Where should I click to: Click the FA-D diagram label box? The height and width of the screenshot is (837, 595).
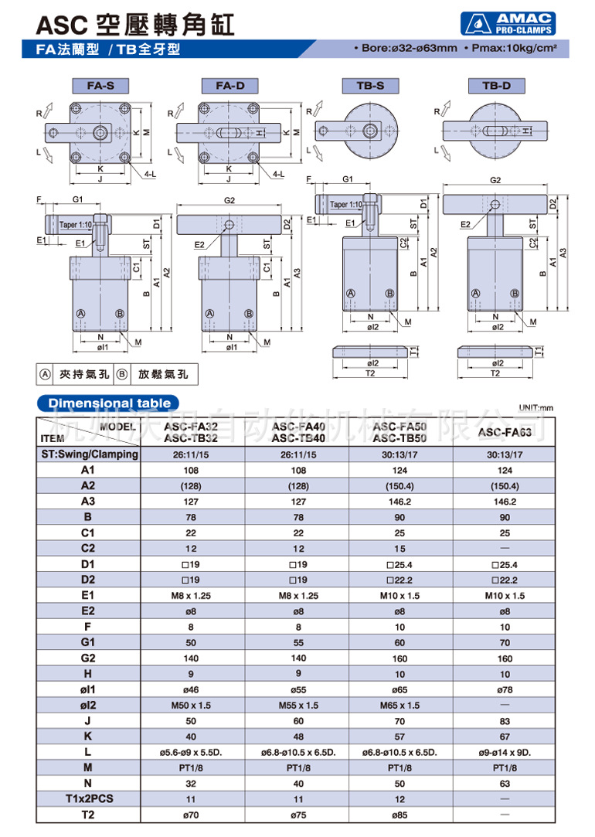click(x=229, y=86)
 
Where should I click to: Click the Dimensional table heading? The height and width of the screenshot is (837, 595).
click(x=109, y=403)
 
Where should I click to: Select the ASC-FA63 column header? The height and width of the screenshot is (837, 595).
click(x=504, y=433)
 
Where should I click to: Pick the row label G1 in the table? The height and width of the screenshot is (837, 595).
click(x=87, y=642)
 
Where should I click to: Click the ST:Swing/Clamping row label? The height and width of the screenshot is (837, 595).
click(x=87, y=454)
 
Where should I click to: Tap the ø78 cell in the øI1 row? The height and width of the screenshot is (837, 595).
click(x=504, y=689)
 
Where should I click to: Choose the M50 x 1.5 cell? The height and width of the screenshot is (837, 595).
click(x=191, y=705)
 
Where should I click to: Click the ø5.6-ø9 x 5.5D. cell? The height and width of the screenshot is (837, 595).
click(x=191, y=752)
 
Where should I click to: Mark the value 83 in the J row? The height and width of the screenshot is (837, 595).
click(x=504, y=721)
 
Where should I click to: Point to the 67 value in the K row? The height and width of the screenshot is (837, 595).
click(x=504, y=737)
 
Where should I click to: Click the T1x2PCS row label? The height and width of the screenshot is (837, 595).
click(x=87, y=799)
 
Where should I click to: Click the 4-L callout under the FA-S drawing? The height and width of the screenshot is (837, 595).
click(x=150, y=175)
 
